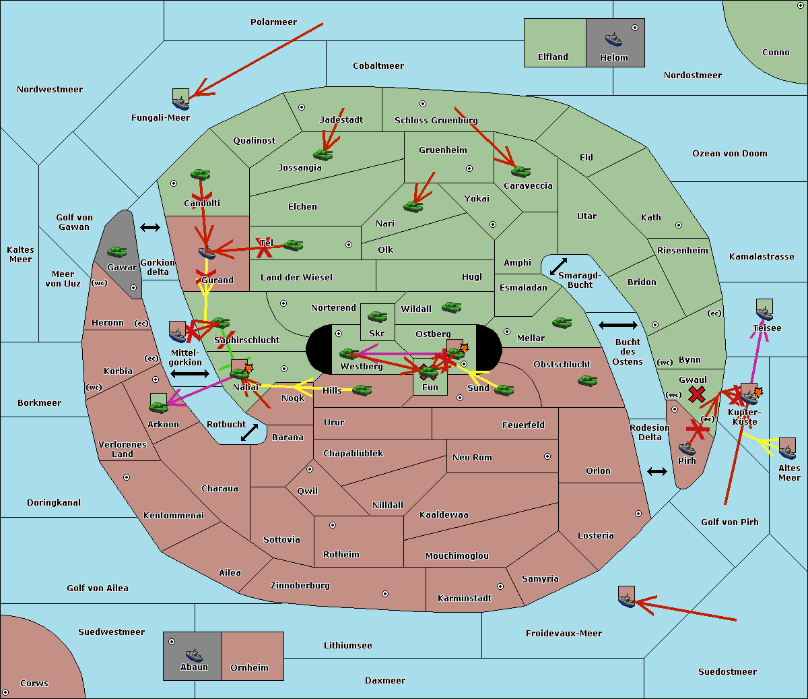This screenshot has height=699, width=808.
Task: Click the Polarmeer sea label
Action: pyautogui.click(x=273, y=22)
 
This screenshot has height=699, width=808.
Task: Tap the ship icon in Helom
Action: pyautogui.click(x=613, y=38)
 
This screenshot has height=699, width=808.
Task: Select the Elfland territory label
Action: pyautogui.click(x=553, y=57)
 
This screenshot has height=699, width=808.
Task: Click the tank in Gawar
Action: pyautogui.click(x=117, y=251)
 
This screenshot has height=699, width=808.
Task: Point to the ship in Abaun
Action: pyautogui.click(x=194, y=655)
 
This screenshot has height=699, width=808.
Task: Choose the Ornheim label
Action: pyautogui.click(x=249, y=668)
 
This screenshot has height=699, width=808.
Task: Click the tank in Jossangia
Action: pyautogui.click(x=323, y=154)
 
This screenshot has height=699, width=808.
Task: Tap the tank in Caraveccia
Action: pyautogui.click(x=520, y=171)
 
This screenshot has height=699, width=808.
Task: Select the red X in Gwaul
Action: pyautogui.click(x=697, y=394)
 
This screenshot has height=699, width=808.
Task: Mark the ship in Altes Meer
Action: pyautogui.click(x=787, y=451)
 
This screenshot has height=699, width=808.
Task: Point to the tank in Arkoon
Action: pyautogui.click(x=158, y=406)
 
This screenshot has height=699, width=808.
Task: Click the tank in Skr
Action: pyautogui.click(x=377, y=315)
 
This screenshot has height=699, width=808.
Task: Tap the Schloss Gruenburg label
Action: pyautogui.click(x=436, y=121)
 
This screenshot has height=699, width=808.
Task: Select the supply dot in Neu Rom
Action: pyautogui.click(x=547, y=456)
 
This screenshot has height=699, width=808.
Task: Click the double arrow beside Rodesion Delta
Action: pyautogui.click(x=657, y=471)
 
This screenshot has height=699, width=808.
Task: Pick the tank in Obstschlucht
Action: pyautogui.click(x=587, y=380)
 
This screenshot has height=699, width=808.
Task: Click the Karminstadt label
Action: pyautogui.click(x=465, y=599)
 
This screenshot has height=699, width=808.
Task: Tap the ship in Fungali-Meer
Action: pyautogui.click(x=180, y=102)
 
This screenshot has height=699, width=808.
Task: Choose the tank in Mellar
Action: pyautogui.click(x=562, y=322)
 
